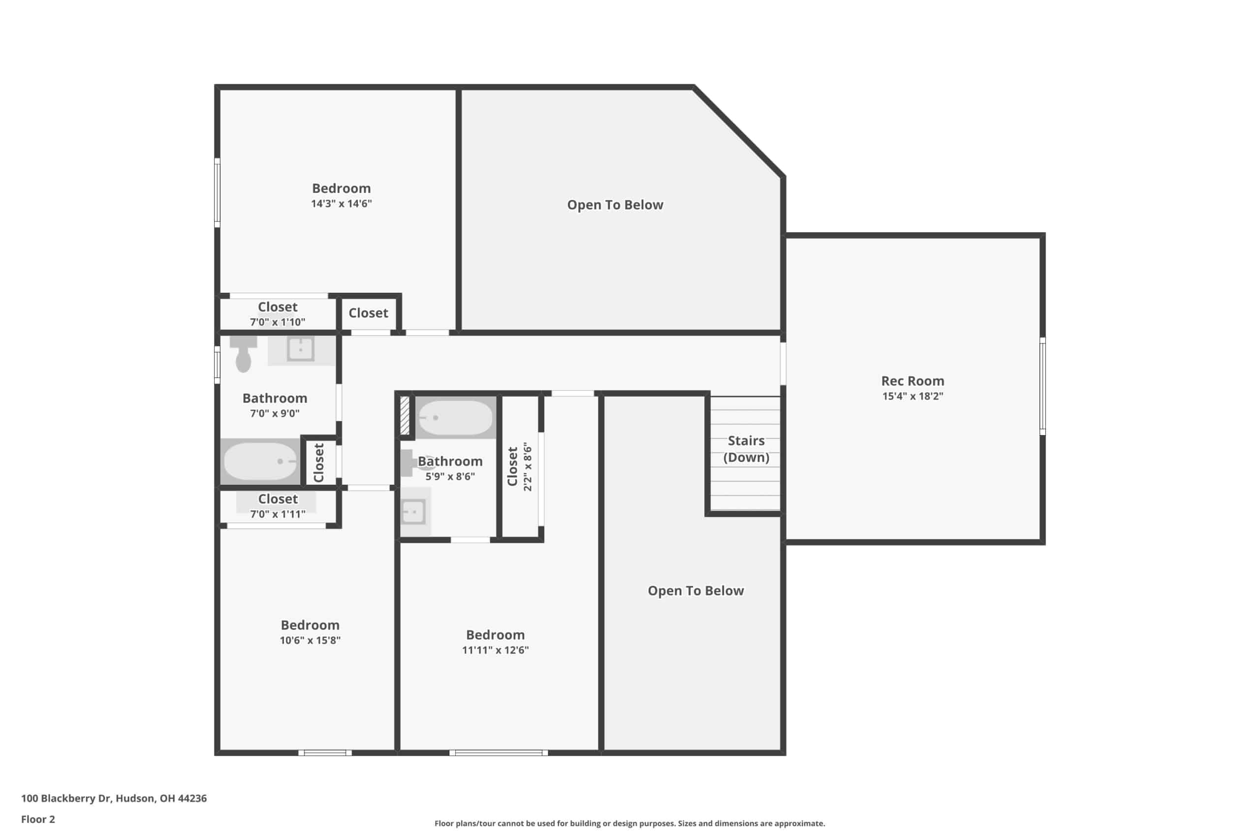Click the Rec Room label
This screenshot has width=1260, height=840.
pos(913,381)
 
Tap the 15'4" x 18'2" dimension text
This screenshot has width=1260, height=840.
pos(913,397)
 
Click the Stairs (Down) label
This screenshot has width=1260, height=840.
pos(746,449)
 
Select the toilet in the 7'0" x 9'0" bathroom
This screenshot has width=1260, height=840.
pos(243,354)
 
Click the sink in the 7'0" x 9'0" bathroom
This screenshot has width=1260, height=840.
pos(301,349)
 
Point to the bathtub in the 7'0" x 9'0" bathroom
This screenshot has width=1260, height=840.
pos(260,461)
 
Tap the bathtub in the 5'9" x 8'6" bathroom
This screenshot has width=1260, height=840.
pos(455,418)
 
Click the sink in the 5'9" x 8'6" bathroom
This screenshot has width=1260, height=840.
pos(413,512)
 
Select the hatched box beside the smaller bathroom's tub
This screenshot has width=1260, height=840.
pos(405,415)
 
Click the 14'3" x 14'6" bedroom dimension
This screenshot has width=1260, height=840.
pos(341,204)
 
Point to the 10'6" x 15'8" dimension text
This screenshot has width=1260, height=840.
pos(310,640)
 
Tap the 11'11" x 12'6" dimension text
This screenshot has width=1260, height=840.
pos(496,651)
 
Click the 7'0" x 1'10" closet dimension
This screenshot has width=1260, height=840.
pos(278,322)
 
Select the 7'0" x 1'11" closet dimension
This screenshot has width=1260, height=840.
pos(278,514)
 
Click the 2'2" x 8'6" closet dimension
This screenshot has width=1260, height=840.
pos(528,467)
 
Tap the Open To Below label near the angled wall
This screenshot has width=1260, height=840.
pos(615,205)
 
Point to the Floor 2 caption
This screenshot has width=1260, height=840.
pos(38,819)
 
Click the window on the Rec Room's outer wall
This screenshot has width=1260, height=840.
pos(1042,386)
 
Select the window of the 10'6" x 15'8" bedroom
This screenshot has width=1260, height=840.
pos(325,753)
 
